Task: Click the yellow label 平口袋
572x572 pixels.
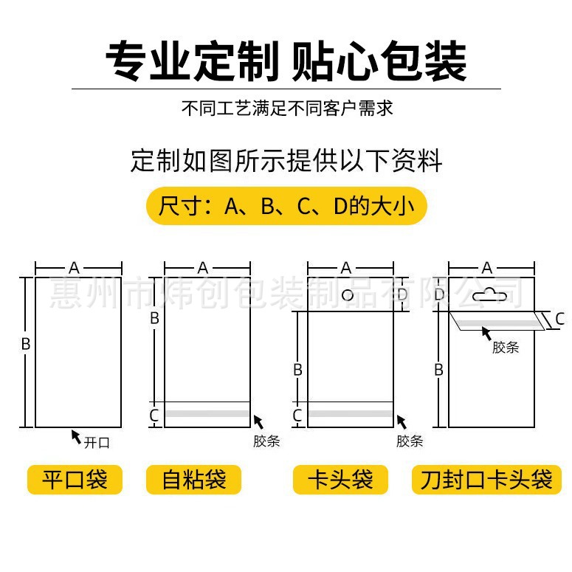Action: pos(75,480)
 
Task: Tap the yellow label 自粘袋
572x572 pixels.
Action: pos(193,480)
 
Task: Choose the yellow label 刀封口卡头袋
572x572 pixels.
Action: pos(486,480)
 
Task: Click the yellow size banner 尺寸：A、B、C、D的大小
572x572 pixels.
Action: pos(286,205)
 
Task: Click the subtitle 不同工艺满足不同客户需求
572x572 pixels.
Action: pos(286,108)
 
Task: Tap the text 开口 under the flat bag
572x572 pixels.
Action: pos(97,443)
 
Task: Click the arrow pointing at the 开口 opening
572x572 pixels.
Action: pos(76,436)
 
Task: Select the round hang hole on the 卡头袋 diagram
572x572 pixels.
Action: pos(348,296)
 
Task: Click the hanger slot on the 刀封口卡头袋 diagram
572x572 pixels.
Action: pos(486,295)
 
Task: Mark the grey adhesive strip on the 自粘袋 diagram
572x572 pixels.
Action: pos(207,416)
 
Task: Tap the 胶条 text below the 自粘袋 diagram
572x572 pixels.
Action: pos(266,441)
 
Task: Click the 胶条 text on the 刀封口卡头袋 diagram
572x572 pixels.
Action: pos(505,348)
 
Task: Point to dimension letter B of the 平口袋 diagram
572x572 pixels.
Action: pos(25,344)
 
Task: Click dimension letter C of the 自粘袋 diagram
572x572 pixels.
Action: pos(154,416)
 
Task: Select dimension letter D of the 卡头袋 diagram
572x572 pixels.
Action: pos(402,295)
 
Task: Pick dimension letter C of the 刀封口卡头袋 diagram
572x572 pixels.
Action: pos(559,319)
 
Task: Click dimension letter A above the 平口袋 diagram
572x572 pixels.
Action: pos(74,268)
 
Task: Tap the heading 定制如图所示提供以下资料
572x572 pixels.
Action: pos(286,160)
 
